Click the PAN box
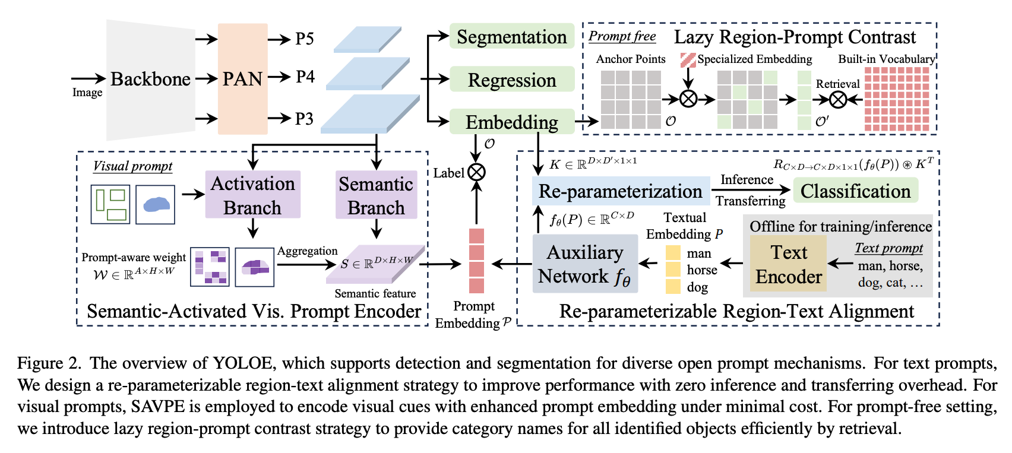point(242,78)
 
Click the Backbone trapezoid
point(151,79)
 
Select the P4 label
point(305,77)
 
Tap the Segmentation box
point(511,37)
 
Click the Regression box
point(511,80)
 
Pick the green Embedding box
point(511,122)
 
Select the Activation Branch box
point(252,195)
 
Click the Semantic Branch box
point(376,195)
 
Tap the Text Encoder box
point(788,264)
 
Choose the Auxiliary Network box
point(584,264)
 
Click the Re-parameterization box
point(620,191)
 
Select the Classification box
point(855,191)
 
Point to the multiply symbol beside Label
point(476,173)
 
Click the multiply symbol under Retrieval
point(838,99)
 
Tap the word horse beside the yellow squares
point(702,270)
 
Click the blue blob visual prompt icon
point(155,205)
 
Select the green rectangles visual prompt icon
point(110,205)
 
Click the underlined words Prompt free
point(622,36)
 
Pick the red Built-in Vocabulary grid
point(897,99)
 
